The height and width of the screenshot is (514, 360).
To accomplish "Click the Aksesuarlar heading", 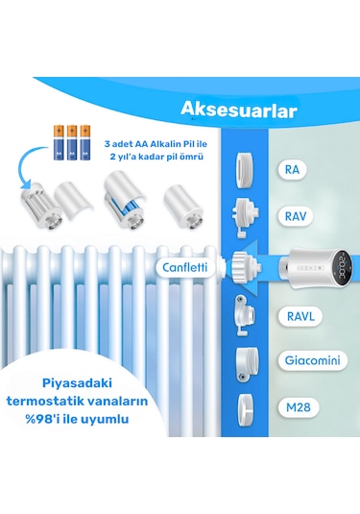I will click(x=238, y=108).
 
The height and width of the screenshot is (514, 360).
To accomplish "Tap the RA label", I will click(x=292, y=171).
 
